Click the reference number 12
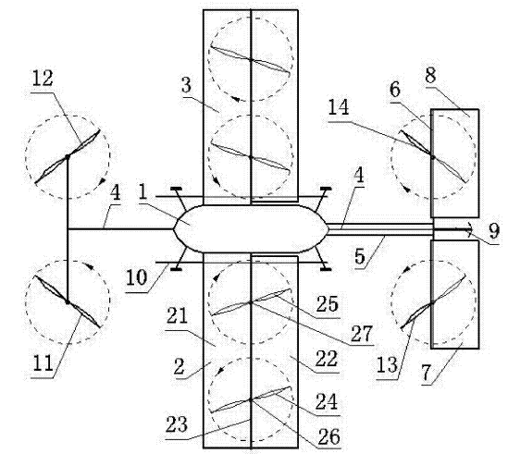[43, 78]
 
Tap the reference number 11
[43, 362]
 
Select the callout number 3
[186, 86]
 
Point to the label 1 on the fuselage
[142, 192]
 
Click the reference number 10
[136, 277]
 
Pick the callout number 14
[339, 107]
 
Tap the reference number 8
[430, 75]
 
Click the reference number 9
[494, 231]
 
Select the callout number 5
[360, 256]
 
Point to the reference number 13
[387, 365]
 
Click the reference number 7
[426, 373]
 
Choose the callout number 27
[362, 334]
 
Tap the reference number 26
[329, 436]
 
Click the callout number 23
[177, 424]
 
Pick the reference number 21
[177, 316]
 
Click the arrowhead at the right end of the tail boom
[468, 229]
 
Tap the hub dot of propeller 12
[68, 157]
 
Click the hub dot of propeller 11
[68, 302]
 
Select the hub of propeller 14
[432, 157]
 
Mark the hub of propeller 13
[432, 302]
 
